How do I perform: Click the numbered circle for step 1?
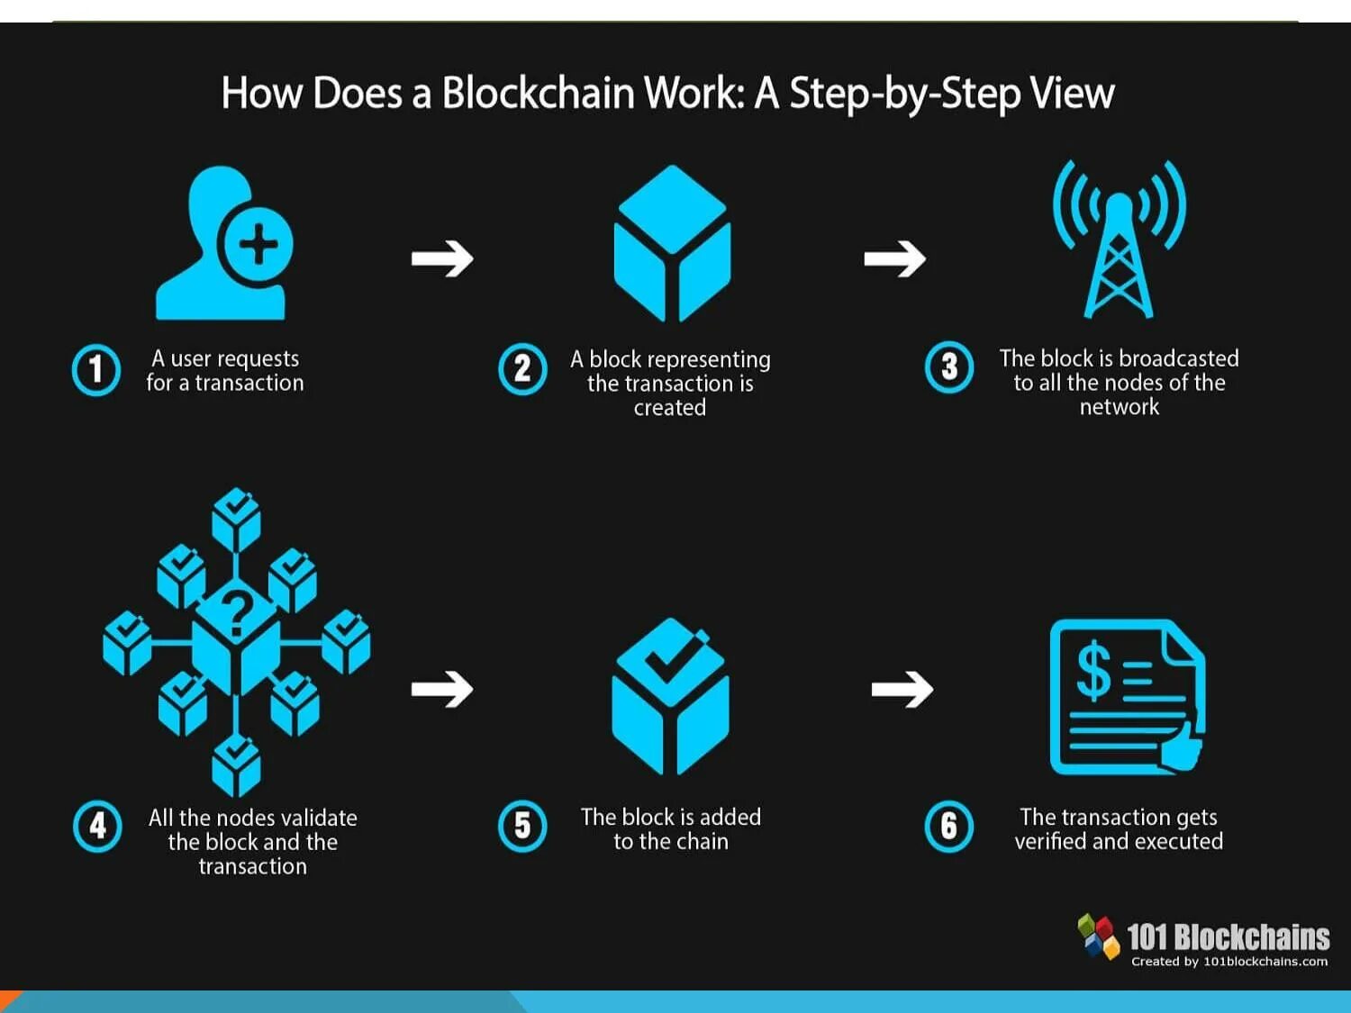pos(95,369)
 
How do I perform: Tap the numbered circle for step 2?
pos(522,369)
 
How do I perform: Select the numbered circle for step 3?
pos(949,367)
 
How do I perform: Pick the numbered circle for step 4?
pos(97,826)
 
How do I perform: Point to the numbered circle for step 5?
pos(522,826)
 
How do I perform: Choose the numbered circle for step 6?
pos(949,826)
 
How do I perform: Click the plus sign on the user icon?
pos(258,244)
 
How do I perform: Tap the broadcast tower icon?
pos(1119,240)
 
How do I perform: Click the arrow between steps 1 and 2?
pos(442,259)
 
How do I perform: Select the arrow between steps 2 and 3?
pos(894,259)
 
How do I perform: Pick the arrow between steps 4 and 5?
pos(442,690)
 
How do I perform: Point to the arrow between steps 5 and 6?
pos(902,690)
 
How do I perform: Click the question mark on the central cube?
pos(237,613)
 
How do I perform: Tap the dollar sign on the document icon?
pos(1094,671)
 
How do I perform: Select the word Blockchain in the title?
pos(538,94)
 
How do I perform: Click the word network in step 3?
pos(1120,407)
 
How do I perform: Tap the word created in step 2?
pos(670,408)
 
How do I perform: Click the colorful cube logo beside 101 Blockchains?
pos(1099,936)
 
